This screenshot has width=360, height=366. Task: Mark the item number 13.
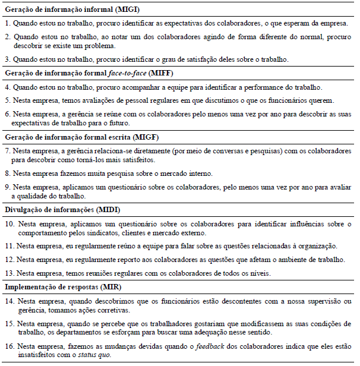(x=8, y=273)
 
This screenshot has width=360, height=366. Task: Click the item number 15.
(x=8, y=324)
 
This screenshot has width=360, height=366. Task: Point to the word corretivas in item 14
(x=106, y=311)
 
